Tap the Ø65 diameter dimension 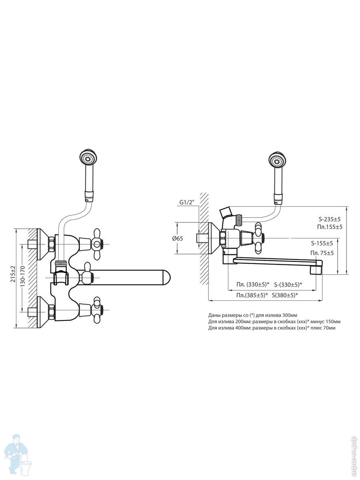(178, 238)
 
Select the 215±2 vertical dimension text (13, 274)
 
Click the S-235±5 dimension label (330, 219)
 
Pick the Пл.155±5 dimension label (330, 227)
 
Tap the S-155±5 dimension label (322, 243)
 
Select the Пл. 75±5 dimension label (322, 253)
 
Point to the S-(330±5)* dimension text (288, 284)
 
